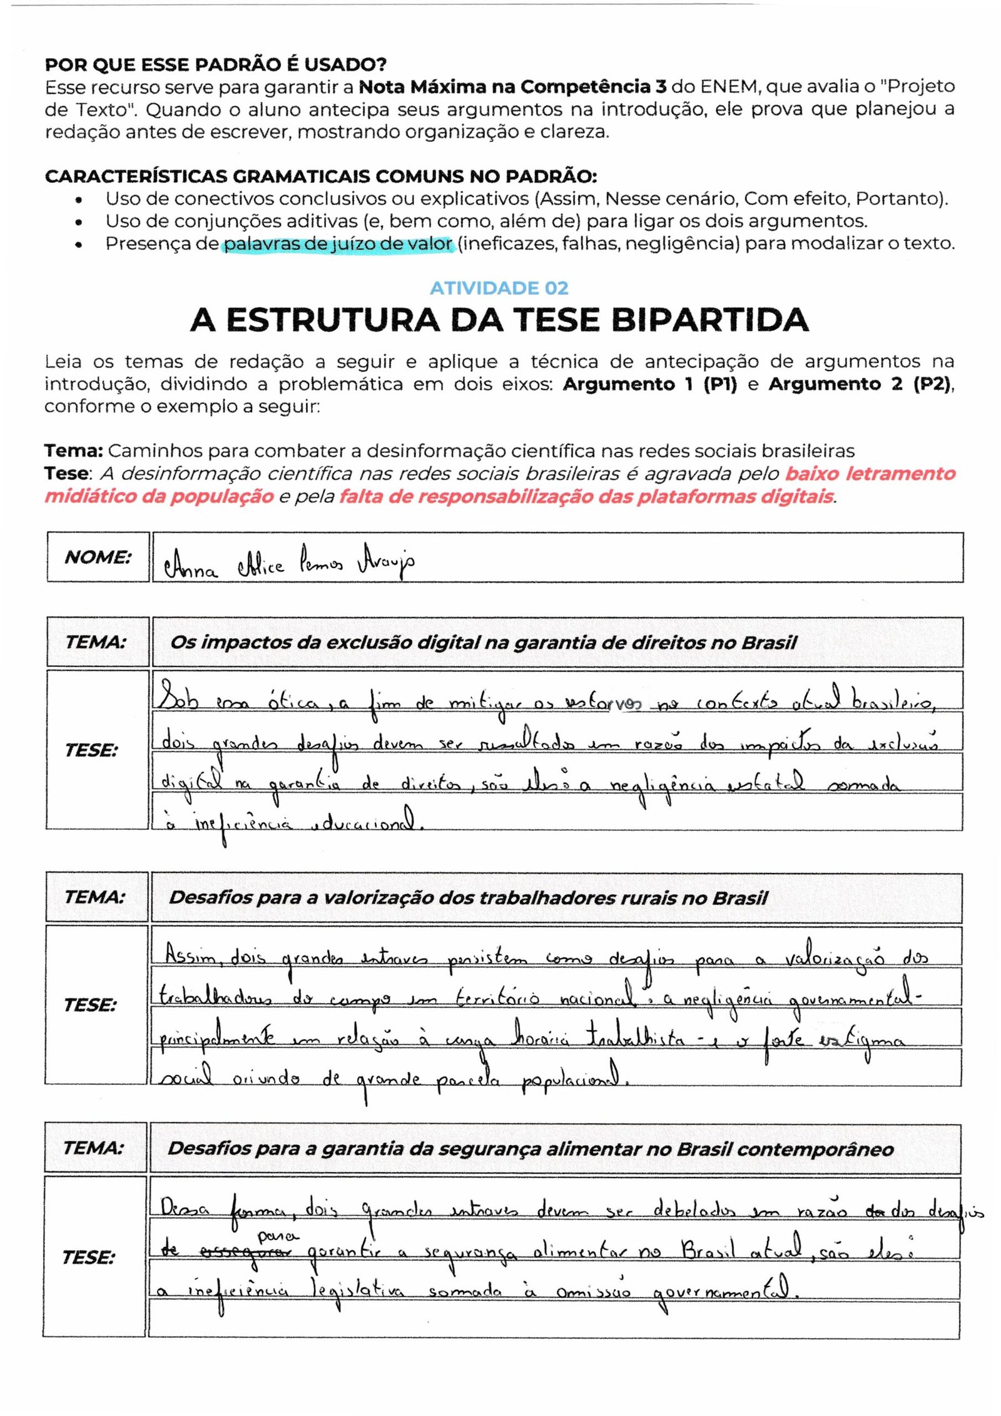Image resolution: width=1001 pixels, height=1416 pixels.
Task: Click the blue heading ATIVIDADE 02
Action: tap(499, 288)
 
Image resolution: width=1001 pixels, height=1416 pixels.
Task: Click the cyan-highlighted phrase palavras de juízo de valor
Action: tap(338, 243)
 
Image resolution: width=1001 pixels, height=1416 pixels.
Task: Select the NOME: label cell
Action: tap(98, 557)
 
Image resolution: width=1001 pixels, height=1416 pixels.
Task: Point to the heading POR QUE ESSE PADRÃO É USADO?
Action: tap(216, 64)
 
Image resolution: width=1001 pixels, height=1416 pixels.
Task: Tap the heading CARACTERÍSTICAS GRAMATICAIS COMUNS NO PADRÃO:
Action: tap(321, 176)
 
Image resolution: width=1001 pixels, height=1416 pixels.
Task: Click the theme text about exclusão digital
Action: tap(484, 643)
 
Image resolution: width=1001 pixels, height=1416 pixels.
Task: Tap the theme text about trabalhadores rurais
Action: tap(468, 898)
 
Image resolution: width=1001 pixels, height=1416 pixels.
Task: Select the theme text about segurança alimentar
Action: tap(531, 1149)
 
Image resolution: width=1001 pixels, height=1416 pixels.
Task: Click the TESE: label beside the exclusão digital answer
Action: tap(91, 750)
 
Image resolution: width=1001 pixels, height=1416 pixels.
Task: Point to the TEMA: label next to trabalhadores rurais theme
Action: tap(95, 897)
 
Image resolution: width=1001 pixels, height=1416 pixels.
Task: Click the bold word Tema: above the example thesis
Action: tap(73, 451)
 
